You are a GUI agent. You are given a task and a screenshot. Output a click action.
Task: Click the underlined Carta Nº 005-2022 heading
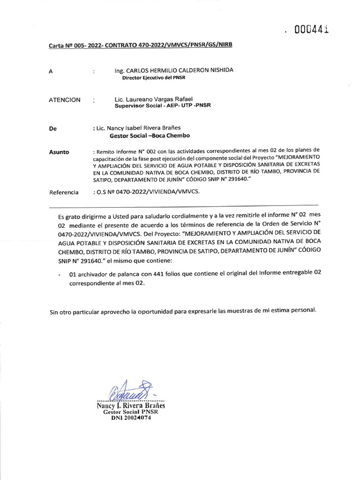(141, 45)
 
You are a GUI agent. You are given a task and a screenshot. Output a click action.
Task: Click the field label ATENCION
(65, 100)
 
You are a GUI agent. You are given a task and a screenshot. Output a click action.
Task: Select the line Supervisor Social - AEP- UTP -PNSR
(163, 106)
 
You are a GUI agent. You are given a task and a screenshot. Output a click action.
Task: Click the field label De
(52, 128)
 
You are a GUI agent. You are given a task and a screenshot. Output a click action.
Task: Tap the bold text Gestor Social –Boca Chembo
(150, 136)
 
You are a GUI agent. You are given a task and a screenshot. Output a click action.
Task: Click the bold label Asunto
(59, 152)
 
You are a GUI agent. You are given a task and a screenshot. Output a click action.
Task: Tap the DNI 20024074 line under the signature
(131, 418)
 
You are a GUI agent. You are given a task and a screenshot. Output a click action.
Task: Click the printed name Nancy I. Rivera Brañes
(131, 406)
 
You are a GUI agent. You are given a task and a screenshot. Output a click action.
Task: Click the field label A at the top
(51, 72)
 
